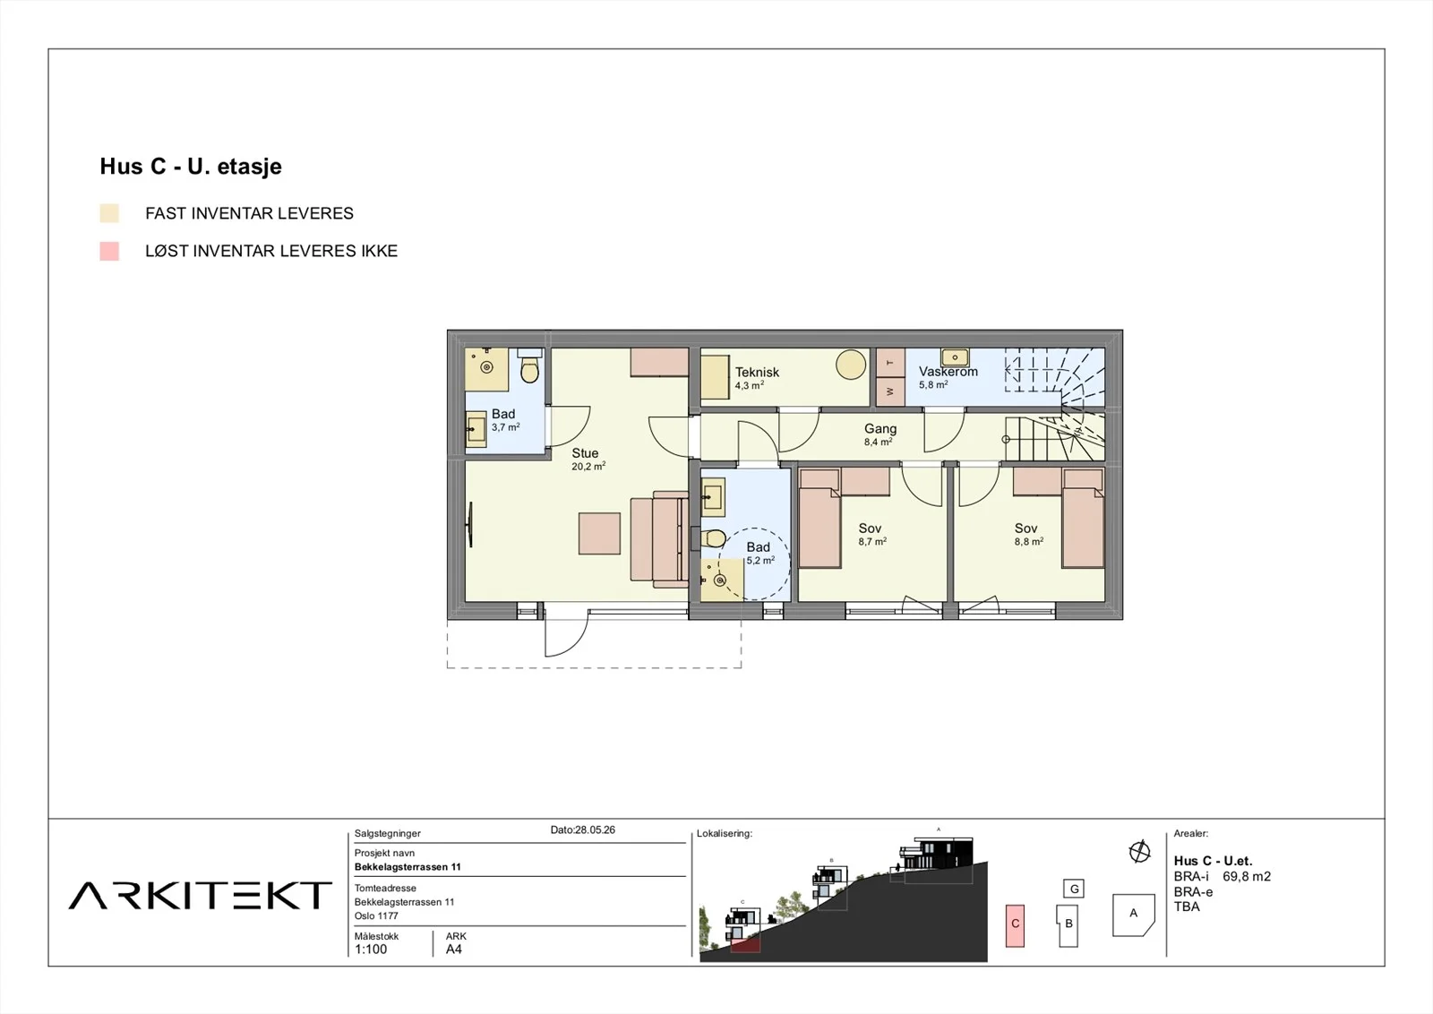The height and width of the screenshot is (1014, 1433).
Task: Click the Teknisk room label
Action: click(757, 372)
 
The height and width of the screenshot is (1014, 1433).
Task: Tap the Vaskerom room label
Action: click(948, 371)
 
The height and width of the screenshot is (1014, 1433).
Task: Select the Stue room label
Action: click(585, 453)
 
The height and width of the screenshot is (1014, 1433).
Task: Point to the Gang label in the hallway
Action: click(880, 429)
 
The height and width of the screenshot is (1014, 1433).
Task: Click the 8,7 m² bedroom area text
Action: click(872, 541)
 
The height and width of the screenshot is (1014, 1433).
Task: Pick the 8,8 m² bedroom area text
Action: click(1029, 541)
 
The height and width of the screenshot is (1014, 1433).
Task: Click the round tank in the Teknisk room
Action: click(851, 365)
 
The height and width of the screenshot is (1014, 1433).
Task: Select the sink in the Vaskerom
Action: click(955, 357)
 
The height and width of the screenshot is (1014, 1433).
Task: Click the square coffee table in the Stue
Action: click(599, 533)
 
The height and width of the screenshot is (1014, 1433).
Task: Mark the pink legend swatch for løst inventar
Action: click(109, 251)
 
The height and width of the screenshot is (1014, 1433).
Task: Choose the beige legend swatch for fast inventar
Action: click(109, 213)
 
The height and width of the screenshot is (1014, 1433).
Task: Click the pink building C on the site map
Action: click(1016, 925)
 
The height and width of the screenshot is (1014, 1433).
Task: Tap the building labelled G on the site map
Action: click(1074, 889)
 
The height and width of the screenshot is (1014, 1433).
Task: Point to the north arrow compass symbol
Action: click(1139, 852)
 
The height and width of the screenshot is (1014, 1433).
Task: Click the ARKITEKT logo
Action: click(201, 895)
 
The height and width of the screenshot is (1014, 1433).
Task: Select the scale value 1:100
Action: click(371, 950)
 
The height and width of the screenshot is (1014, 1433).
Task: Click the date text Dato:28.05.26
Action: click(583, 829)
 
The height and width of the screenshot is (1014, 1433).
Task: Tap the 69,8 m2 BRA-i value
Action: click(1247, 876)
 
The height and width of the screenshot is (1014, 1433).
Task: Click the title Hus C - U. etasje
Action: click(191, 167)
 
